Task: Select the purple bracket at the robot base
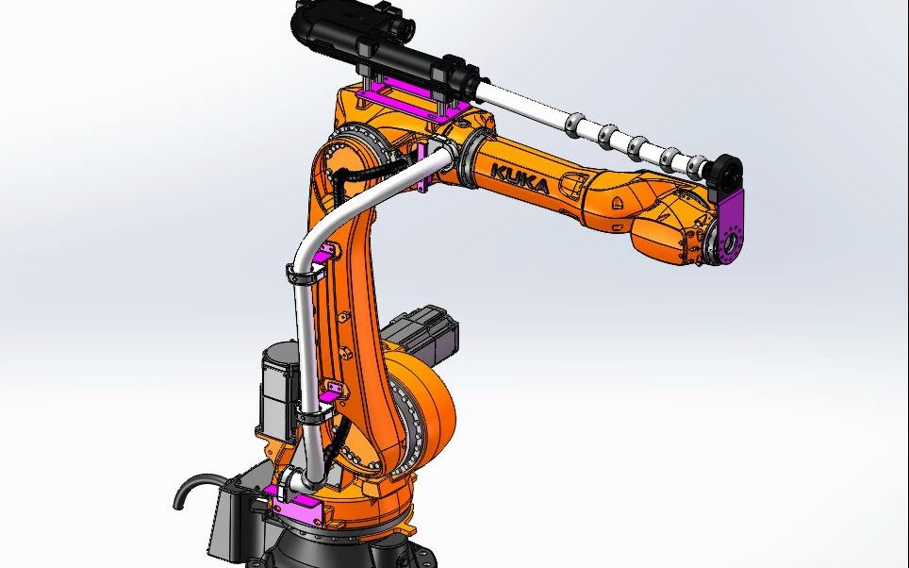point(300,510)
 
